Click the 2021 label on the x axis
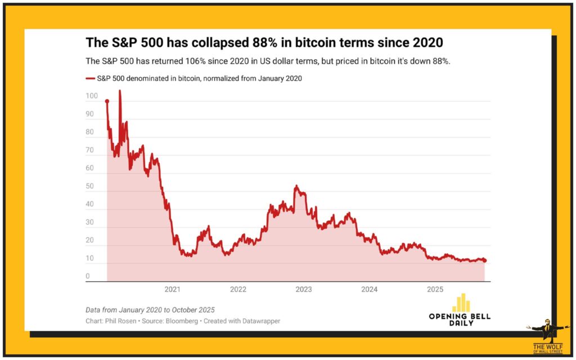click(x=172, y=290)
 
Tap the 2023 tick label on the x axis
click(x=304, y=290)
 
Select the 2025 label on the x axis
click(x=435, y=290)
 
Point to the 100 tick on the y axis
click(x=91, y=97)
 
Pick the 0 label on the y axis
click(x=87, y=276)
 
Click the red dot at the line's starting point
click(x=107, y=101)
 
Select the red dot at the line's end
click(x=484, y=260)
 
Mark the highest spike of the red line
click(x=119, y=91)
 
